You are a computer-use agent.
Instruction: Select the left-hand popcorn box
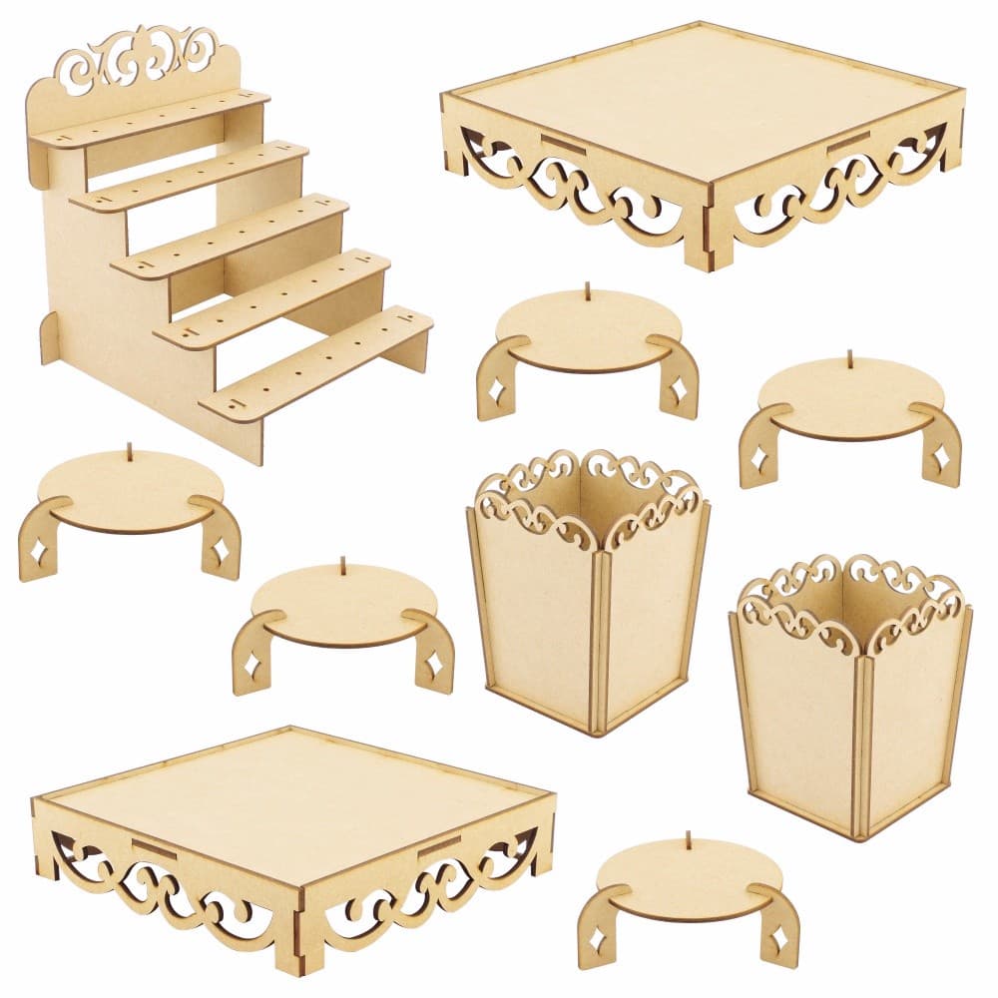589,599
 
